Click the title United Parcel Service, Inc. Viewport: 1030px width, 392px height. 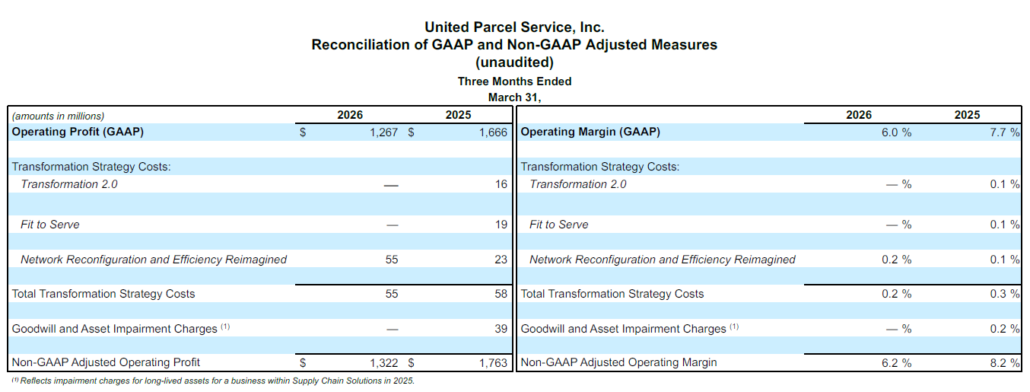pos(514,28)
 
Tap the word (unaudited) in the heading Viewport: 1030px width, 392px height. pos(514,62)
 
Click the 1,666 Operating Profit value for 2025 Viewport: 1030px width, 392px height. pos(493,132)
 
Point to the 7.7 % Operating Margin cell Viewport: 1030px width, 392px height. pos(1004,132)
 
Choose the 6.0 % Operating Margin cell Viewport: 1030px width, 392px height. pos(896,132)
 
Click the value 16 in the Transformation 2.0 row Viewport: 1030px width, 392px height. pos(501,184)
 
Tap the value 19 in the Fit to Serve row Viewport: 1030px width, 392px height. pos(501,225)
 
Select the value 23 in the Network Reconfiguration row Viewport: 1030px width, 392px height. pos(501,260)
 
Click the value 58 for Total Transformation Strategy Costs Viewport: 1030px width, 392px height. pos(501,294)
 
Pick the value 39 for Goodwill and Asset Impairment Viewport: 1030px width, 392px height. pos(501,329)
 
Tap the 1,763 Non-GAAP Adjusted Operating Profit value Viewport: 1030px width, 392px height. pos(493,363)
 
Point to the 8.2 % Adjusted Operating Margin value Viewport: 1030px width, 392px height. pos(1004,363)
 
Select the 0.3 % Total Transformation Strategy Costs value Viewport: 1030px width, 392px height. pos(1004,294)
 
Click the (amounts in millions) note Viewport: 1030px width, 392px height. pos(59,116)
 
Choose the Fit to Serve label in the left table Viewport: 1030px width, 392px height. pos(50,225)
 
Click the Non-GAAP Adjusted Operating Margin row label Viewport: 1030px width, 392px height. pos(618,363)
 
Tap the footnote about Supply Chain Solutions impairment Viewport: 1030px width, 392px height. pos(213,381)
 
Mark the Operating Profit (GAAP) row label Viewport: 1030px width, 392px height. pos(78,132)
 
